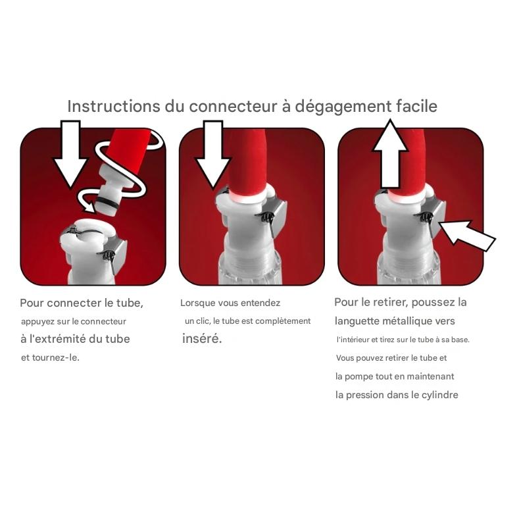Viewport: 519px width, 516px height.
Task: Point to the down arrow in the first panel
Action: tap(70, 154)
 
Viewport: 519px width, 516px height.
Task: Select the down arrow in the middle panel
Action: tap(212, 154)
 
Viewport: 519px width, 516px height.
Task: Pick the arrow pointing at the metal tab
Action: tap(466, 234)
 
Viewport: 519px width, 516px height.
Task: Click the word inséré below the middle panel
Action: tap(202, 338)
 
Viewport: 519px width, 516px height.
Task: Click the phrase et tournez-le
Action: tap(50, 357)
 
